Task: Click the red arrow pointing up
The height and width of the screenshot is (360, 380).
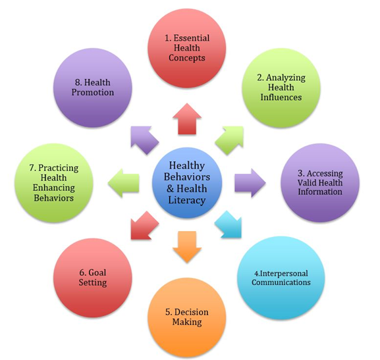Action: [187, 119]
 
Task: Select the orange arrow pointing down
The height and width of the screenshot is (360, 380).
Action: [187, 247]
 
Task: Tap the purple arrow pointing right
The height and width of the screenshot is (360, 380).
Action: [250, 183]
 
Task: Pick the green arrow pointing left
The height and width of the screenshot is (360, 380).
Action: [124, 183]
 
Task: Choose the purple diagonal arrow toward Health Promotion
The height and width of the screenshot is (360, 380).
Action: [144, 139]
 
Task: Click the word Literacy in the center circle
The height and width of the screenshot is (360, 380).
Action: [187, 200]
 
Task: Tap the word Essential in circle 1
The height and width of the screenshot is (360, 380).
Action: [192, 38]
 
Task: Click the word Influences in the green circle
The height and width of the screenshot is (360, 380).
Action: [281, 97]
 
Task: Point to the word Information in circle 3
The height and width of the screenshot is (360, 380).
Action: [320, 192]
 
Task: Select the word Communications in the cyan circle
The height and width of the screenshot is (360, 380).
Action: [281, 282]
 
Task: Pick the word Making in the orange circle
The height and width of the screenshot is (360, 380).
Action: [187, 322]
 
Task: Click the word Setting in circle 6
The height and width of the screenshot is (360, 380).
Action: [93, 283]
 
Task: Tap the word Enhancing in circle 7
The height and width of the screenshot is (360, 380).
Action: [54, 188]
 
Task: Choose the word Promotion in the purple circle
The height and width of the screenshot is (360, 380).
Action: [93, 93]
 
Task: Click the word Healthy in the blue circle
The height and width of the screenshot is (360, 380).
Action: [187, 166]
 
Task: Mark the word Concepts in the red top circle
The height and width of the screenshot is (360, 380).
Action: [187, 58]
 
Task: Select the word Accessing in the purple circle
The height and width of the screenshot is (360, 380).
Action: [325, 174]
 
